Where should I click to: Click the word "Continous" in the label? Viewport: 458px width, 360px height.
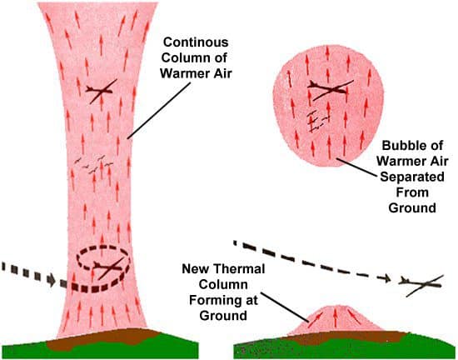[196, 42]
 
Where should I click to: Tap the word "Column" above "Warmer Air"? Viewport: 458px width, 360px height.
[187, 57]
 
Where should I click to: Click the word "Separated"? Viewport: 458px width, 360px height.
[412, 177]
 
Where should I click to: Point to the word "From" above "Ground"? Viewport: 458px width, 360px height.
[412, 192]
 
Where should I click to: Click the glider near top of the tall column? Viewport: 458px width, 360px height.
[101, 91]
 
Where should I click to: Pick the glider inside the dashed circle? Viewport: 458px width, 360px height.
[108, 267]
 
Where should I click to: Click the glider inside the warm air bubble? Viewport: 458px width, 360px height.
[330, 89]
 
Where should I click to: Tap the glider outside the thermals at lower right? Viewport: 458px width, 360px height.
[421, 284]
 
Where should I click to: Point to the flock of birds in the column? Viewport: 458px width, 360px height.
[93, 164]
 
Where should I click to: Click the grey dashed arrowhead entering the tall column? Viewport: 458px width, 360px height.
[51, 280]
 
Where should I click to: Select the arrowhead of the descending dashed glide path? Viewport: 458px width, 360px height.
[388, 278]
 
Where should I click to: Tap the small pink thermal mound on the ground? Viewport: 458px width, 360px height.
[336, 321]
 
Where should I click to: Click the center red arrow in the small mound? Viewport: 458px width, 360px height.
[335, 317]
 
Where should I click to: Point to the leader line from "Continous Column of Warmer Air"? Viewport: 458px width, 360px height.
[159, 110]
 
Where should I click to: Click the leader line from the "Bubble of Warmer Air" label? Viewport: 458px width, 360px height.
[357, 167]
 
